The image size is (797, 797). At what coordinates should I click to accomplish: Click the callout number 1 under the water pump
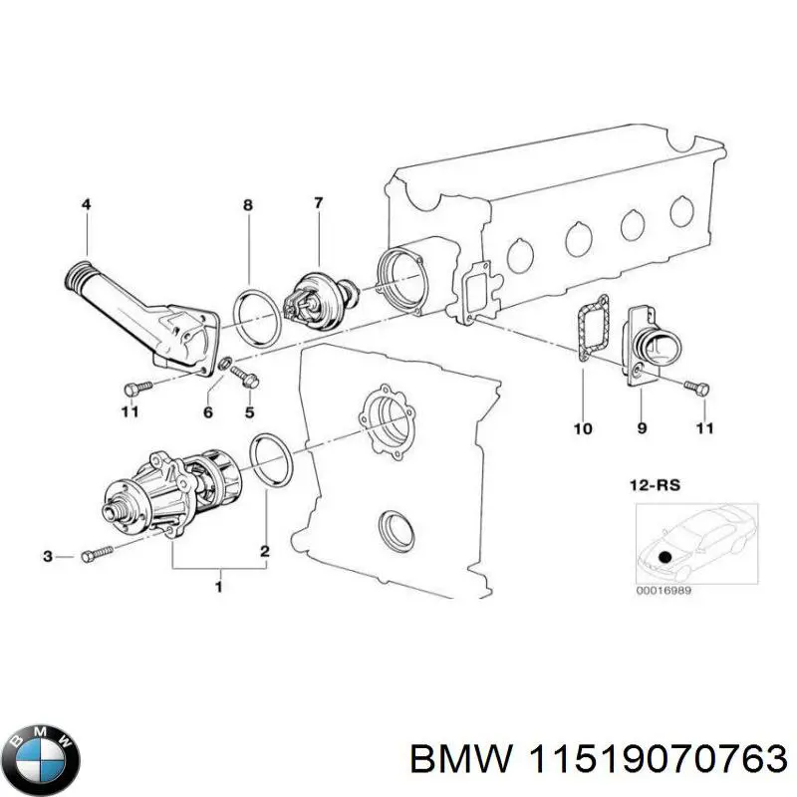(x=219, y=588)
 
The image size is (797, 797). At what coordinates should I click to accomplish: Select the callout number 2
(x=265, y=551)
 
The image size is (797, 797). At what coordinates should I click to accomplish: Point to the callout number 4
(x=86, y=204)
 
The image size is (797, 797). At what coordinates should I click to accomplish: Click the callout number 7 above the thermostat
(x=318, y=204)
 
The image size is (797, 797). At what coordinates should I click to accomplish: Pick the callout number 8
(x=247, y=205)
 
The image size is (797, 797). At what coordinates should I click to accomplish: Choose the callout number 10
(x=583, y=428)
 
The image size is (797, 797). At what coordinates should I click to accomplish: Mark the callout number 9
(x=642, y=428)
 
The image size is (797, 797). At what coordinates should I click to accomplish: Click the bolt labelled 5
(x=244, y=377)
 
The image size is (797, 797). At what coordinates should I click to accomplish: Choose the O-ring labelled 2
(x=270, y=461)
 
